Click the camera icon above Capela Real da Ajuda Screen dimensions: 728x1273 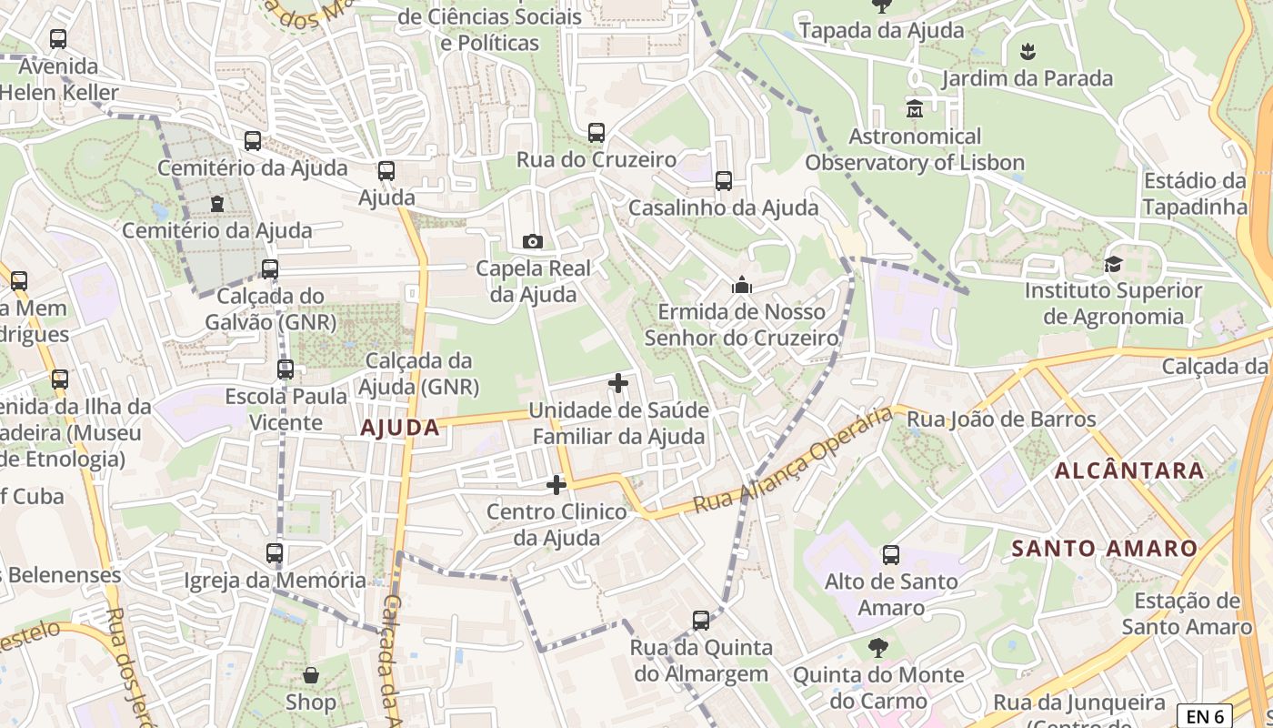(533, 241)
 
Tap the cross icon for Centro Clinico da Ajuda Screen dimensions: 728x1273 (556, 485)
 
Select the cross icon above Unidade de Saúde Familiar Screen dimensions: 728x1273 (618, 383)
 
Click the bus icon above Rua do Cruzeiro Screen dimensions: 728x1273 (596, 133)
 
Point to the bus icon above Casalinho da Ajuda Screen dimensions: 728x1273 (724, 181)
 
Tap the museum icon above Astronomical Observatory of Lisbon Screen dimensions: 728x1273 (915, 109)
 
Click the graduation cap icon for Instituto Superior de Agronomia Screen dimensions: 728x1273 (1113, 265)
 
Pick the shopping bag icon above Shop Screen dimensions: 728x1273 (311, 675)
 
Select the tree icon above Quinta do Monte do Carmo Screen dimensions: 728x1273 (878, 648)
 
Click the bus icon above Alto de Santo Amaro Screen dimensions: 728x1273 (891, 554)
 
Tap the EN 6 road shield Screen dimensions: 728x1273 (1205, 716)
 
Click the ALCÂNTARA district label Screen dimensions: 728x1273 (1129, 470)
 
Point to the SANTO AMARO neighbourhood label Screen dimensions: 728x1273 (1105, 549)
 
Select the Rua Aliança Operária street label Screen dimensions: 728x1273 (792, 461)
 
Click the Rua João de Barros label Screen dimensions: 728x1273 (1002, 420)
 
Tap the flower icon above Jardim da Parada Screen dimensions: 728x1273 (1027, 52)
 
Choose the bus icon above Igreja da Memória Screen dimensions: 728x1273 (275, 553)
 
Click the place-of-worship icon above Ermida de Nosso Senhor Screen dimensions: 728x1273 (742, 286)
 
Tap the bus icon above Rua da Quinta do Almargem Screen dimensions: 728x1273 (701, 621)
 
